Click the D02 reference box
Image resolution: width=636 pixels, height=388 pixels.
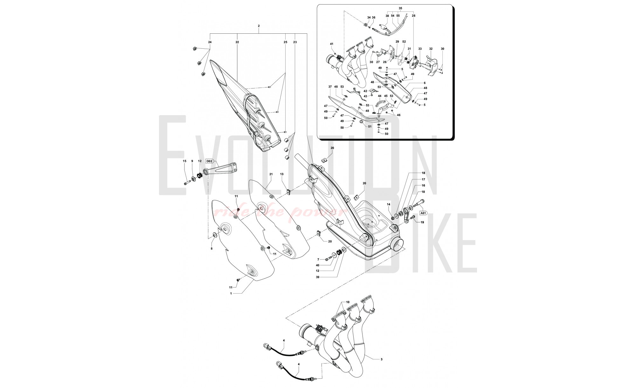pyautogui.click(x=209, y=161)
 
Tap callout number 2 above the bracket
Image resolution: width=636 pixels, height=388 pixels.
pyautogui.click(x=259, y=26)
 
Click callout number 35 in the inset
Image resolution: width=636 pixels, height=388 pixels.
pyautogui.click(x=400, y=8)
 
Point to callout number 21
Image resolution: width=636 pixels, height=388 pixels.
pyautogui.click(x=271, y=174)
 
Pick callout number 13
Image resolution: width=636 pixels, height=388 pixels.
pyautogui.click(x=281, y=174)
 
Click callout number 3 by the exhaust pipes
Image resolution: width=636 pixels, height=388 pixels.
pyautogui.click(x=381, y=359)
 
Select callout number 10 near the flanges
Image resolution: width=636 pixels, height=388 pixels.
pyautogui.click(x=348, y=302)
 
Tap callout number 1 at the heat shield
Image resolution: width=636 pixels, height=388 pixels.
pyautogui.click(x=231, y=294)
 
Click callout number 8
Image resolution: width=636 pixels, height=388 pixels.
pyautogui.click(x=211, y=249)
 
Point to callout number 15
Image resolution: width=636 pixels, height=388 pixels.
pyautogui.click(x=184, y=161)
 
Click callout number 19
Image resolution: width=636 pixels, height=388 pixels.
pyautogui.click(x=422, y=222)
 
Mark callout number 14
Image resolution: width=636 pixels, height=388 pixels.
pyautogui.click(x=388, y=204)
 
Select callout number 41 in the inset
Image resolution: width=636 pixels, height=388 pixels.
pyautogui.click(x=331, y=44)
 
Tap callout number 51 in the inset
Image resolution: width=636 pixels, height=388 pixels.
pyautogui.click(x=370, y=126)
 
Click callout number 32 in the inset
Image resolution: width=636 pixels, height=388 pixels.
pyautogui.click(x=431, y=49)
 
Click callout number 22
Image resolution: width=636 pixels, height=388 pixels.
pyautogui.click(x=237, y=42)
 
